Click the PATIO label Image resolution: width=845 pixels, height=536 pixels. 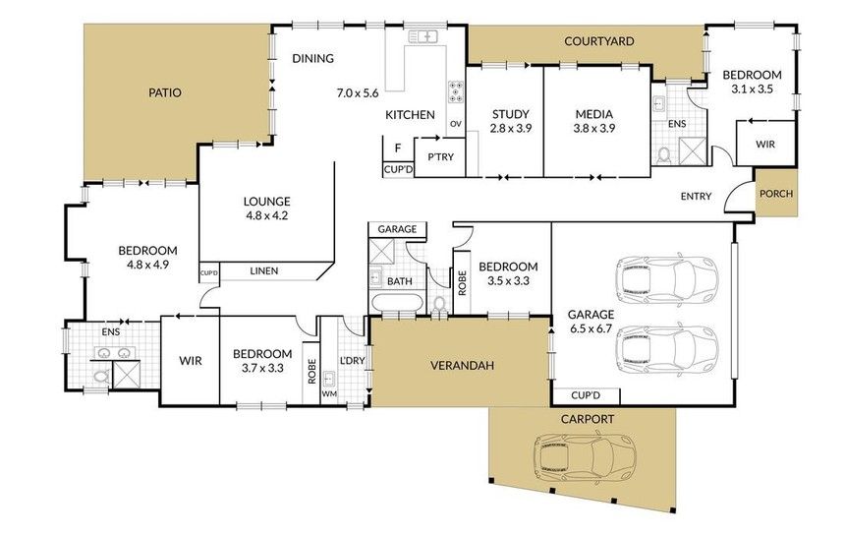click(165, 92)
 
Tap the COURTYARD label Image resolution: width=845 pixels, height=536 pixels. click(598, 41)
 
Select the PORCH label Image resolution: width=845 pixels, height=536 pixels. click(776, 193)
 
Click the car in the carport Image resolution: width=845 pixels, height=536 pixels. click(585, 459)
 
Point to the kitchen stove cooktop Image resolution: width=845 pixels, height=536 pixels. click(456, 91)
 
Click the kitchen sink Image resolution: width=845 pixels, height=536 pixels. click(423, 36)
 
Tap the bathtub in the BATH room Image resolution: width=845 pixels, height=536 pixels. click(396, 303)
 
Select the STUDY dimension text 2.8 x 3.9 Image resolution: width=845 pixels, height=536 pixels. click(510, 128)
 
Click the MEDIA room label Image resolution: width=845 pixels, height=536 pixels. click(593, 114)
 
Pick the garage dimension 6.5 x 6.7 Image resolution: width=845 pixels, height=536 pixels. click(591, 328)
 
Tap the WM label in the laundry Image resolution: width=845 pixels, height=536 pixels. click(329, 394)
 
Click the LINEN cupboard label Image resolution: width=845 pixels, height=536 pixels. click(264, 270)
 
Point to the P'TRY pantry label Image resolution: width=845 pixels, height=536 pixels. click(440, 157)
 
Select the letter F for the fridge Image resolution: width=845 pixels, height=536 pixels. click(398, 148)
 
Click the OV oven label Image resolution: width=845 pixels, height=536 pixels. click(456, 124)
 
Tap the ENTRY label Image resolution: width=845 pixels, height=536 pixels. click(696, 197)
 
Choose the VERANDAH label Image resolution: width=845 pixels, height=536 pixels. click(463, 366)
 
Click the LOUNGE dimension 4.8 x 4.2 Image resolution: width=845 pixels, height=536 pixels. click(266, 215)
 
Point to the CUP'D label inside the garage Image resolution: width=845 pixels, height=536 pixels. click(586, 395)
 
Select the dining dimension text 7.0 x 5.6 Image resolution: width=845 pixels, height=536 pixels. click(358, 93)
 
